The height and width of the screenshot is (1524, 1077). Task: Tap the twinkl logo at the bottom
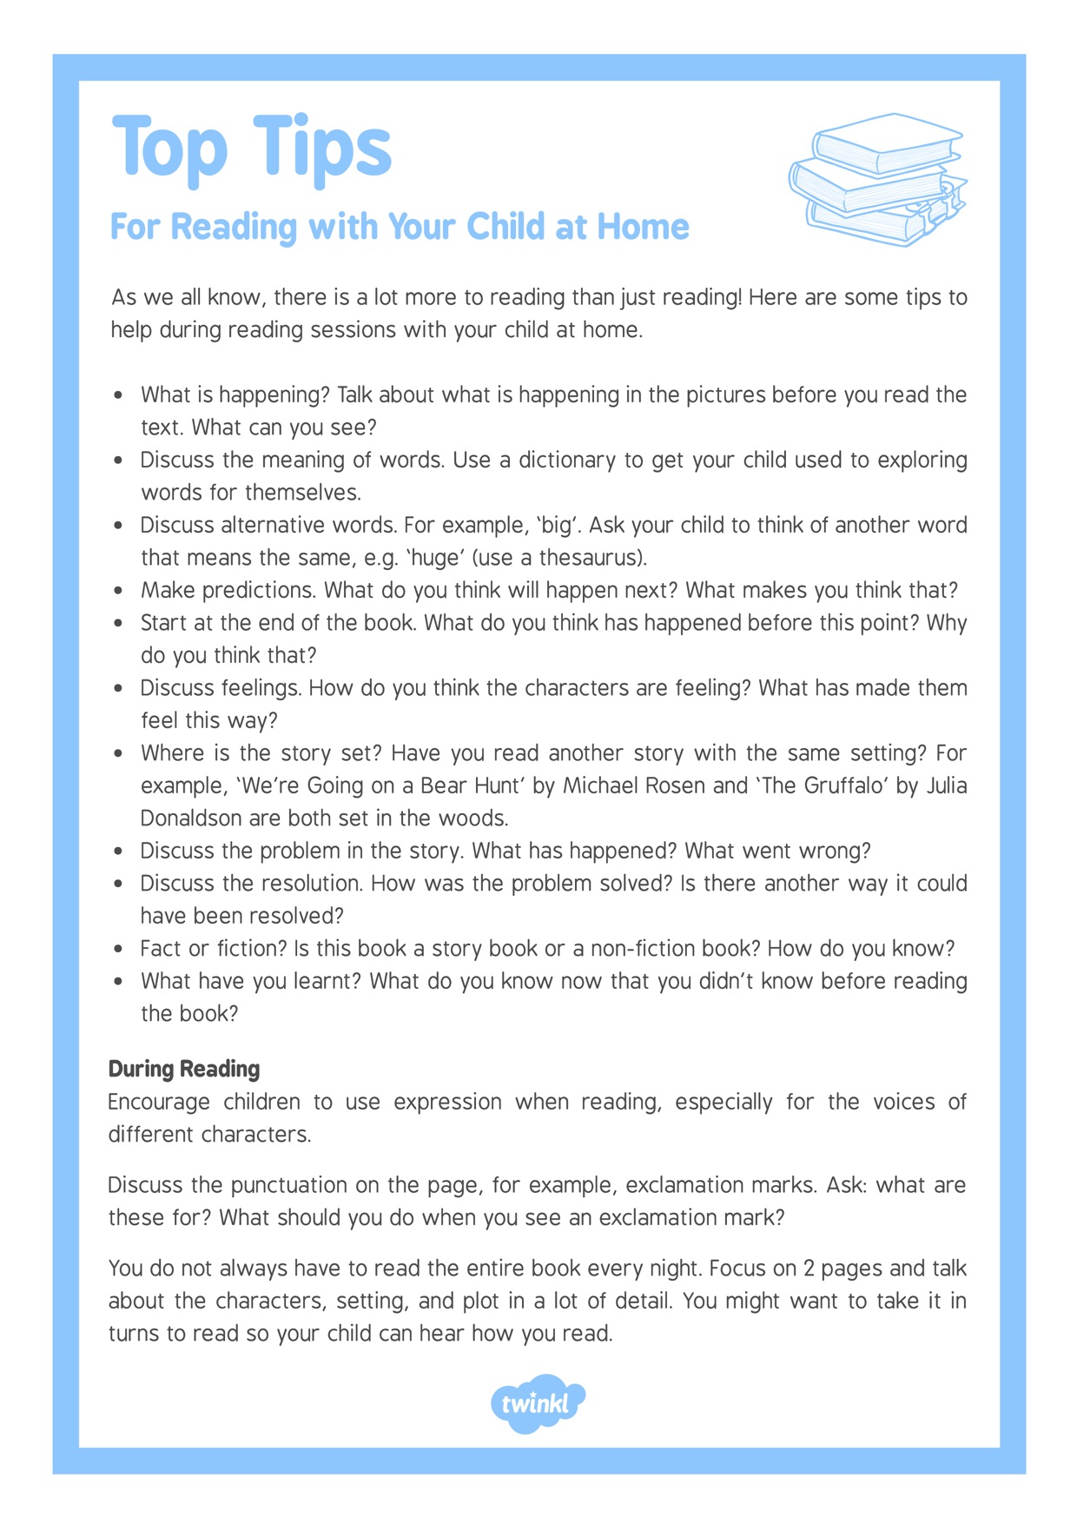coord(537,1402)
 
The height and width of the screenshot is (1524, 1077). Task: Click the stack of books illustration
coord(878,179)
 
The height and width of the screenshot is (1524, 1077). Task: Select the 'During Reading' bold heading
coord(184,1069)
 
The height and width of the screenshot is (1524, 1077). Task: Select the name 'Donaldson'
coord(191,818)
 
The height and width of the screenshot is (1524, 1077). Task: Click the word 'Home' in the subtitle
coord(644,227)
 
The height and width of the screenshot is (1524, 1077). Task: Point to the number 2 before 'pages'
coord(809,1269)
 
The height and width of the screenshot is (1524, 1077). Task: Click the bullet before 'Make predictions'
coord(119,591)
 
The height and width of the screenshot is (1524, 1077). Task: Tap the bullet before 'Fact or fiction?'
coord(119,949)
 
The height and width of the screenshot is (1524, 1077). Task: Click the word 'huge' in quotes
coord(438,557)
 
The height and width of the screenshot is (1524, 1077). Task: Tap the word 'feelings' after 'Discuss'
coord(261,688)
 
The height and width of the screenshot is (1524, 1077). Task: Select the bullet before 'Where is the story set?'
coord(119,753)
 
